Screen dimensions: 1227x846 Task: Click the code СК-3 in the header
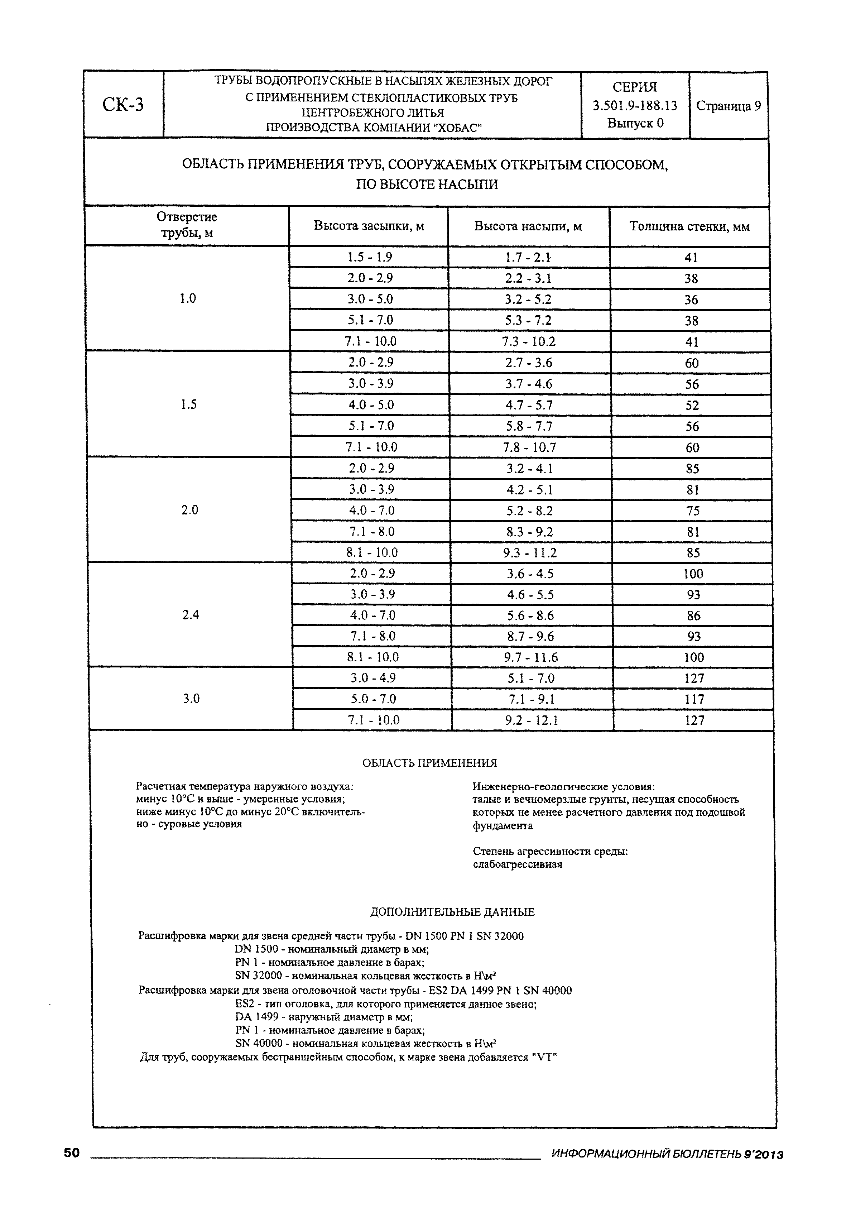123,105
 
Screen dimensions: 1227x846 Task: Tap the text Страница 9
728,106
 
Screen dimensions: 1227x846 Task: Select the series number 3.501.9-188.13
635,106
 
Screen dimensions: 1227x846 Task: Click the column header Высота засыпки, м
369,226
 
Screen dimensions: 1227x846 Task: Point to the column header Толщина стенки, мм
689,227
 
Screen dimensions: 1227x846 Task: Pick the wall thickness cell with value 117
694,699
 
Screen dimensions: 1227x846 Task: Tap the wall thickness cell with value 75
693,511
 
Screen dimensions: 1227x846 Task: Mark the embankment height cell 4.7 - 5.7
529,405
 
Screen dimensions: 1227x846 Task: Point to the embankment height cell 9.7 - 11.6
531,657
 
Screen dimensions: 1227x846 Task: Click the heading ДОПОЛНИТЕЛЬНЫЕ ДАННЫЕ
452,912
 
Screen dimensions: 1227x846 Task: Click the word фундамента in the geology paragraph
503,826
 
